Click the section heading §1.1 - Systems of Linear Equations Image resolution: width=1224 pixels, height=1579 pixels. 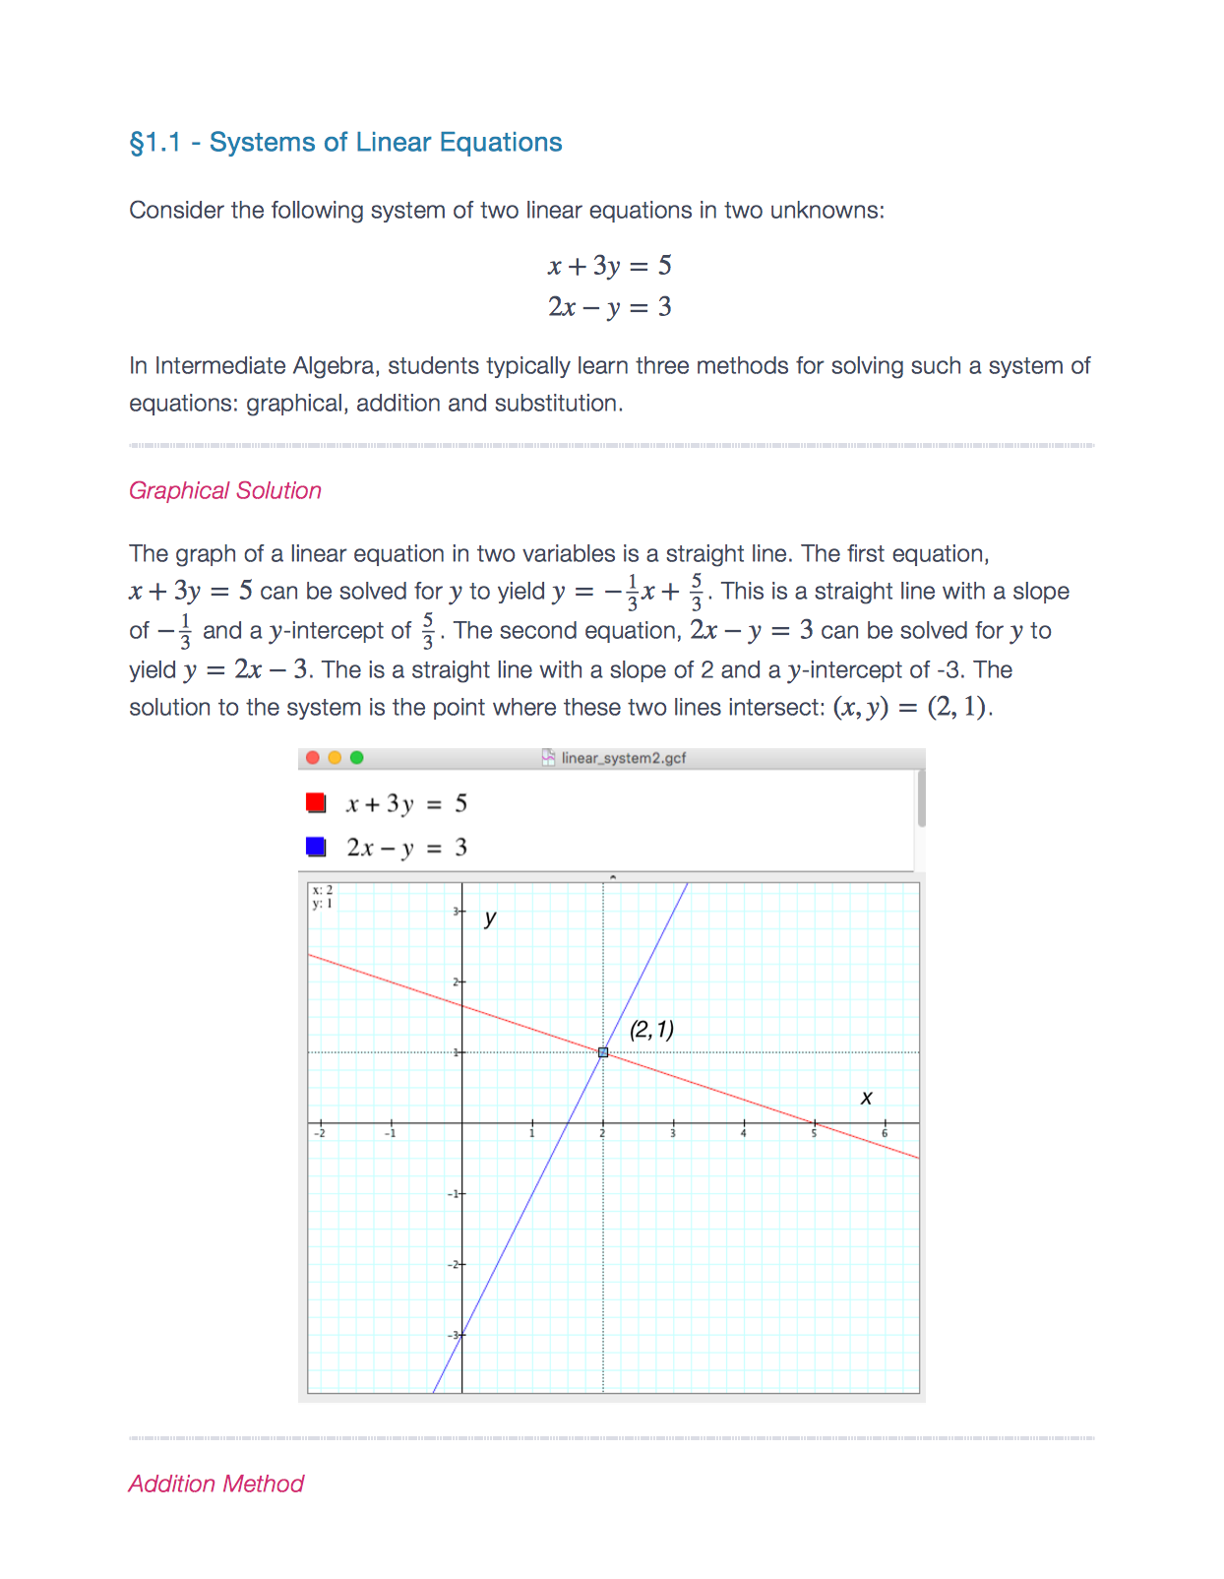pos(345,143)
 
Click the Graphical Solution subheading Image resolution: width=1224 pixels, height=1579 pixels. pos(225,490)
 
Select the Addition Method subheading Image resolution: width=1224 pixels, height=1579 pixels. pos(216,1484)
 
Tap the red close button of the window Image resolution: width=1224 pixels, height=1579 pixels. pos(313,757)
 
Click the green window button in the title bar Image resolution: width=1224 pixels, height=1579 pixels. pos(357,757)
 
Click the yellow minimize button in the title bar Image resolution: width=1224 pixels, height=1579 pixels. pos(335,757)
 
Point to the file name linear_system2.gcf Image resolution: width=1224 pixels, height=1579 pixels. pos(623,758)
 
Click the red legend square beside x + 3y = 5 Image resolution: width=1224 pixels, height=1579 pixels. pos(316,803)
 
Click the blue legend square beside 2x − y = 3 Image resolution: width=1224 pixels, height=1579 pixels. pos(316,847)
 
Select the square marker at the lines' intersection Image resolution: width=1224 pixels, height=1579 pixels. pos(603,1052)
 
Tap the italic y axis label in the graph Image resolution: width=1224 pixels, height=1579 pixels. pos(490,917)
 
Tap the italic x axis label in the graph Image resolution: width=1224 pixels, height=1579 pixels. pos(866,1098)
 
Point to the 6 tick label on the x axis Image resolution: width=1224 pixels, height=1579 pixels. pos(885,1134)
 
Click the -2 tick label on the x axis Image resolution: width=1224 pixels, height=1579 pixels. pos(319,1134)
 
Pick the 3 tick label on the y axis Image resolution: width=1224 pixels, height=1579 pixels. pos(456,912)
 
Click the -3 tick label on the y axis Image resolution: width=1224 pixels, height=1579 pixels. pos(454,1335)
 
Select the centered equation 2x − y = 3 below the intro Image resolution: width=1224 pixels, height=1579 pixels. pos(610,307)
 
